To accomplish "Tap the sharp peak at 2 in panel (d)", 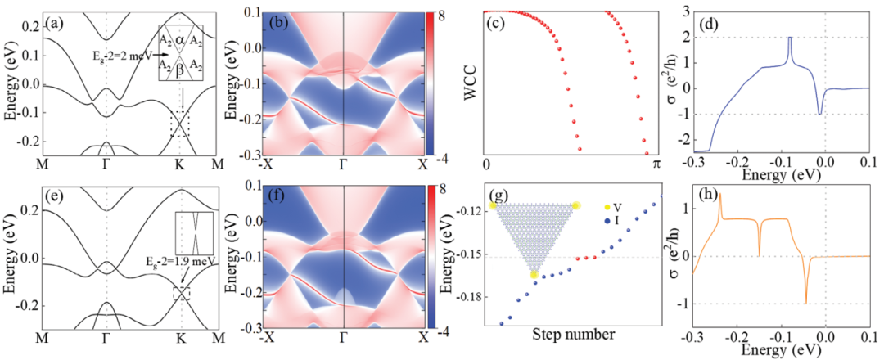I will point(790,38).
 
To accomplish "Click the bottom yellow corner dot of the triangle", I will point(534,275).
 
